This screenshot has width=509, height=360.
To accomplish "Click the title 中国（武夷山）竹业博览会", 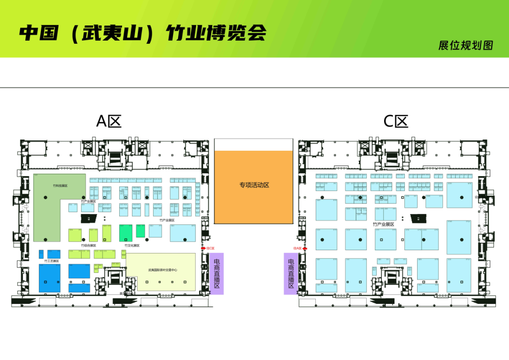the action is point(143,33).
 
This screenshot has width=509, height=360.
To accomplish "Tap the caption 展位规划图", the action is point(465,45).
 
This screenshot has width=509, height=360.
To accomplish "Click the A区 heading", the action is point(109,121).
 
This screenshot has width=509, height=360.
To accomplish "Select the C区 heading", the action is point(395,121).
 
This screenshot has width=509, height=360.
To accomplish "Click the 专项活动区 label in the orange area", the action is point(254,185).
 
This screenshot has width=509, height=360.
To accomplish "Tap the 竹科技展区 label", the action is point(60,186).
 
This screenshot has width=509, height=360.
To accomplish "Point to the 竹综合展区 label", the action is point(88,245).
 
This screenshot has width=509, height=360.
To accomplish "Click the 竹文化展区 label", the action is point(132,245).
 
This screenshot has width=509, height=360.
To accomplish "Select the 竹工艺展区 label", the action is point(51,261).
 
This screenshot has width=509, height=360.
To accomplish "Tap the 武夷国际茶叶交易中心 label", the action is point(163,270).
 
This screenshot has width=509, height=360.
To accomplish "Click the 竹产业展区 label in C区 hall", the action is point(383,224).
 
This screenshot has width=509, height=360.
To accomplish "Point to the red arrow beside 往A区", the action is point(305,248).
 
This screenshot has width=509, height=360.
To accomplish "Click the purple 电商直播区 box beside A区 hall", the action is point(217,273).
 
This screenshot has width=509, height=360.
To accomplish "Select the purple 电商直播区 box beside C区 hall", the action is point(291,273).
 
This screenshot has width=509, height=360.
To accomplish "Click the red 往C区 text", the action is point(210,248).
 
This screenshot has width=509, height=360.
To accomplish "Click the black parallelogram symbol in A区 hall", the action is point(88,219).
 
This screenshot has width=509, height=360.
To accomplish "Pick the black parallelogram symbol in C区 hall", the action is point(418,218).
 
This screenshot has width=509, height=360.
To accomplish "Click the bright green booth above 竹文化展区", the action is point(126,232).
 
